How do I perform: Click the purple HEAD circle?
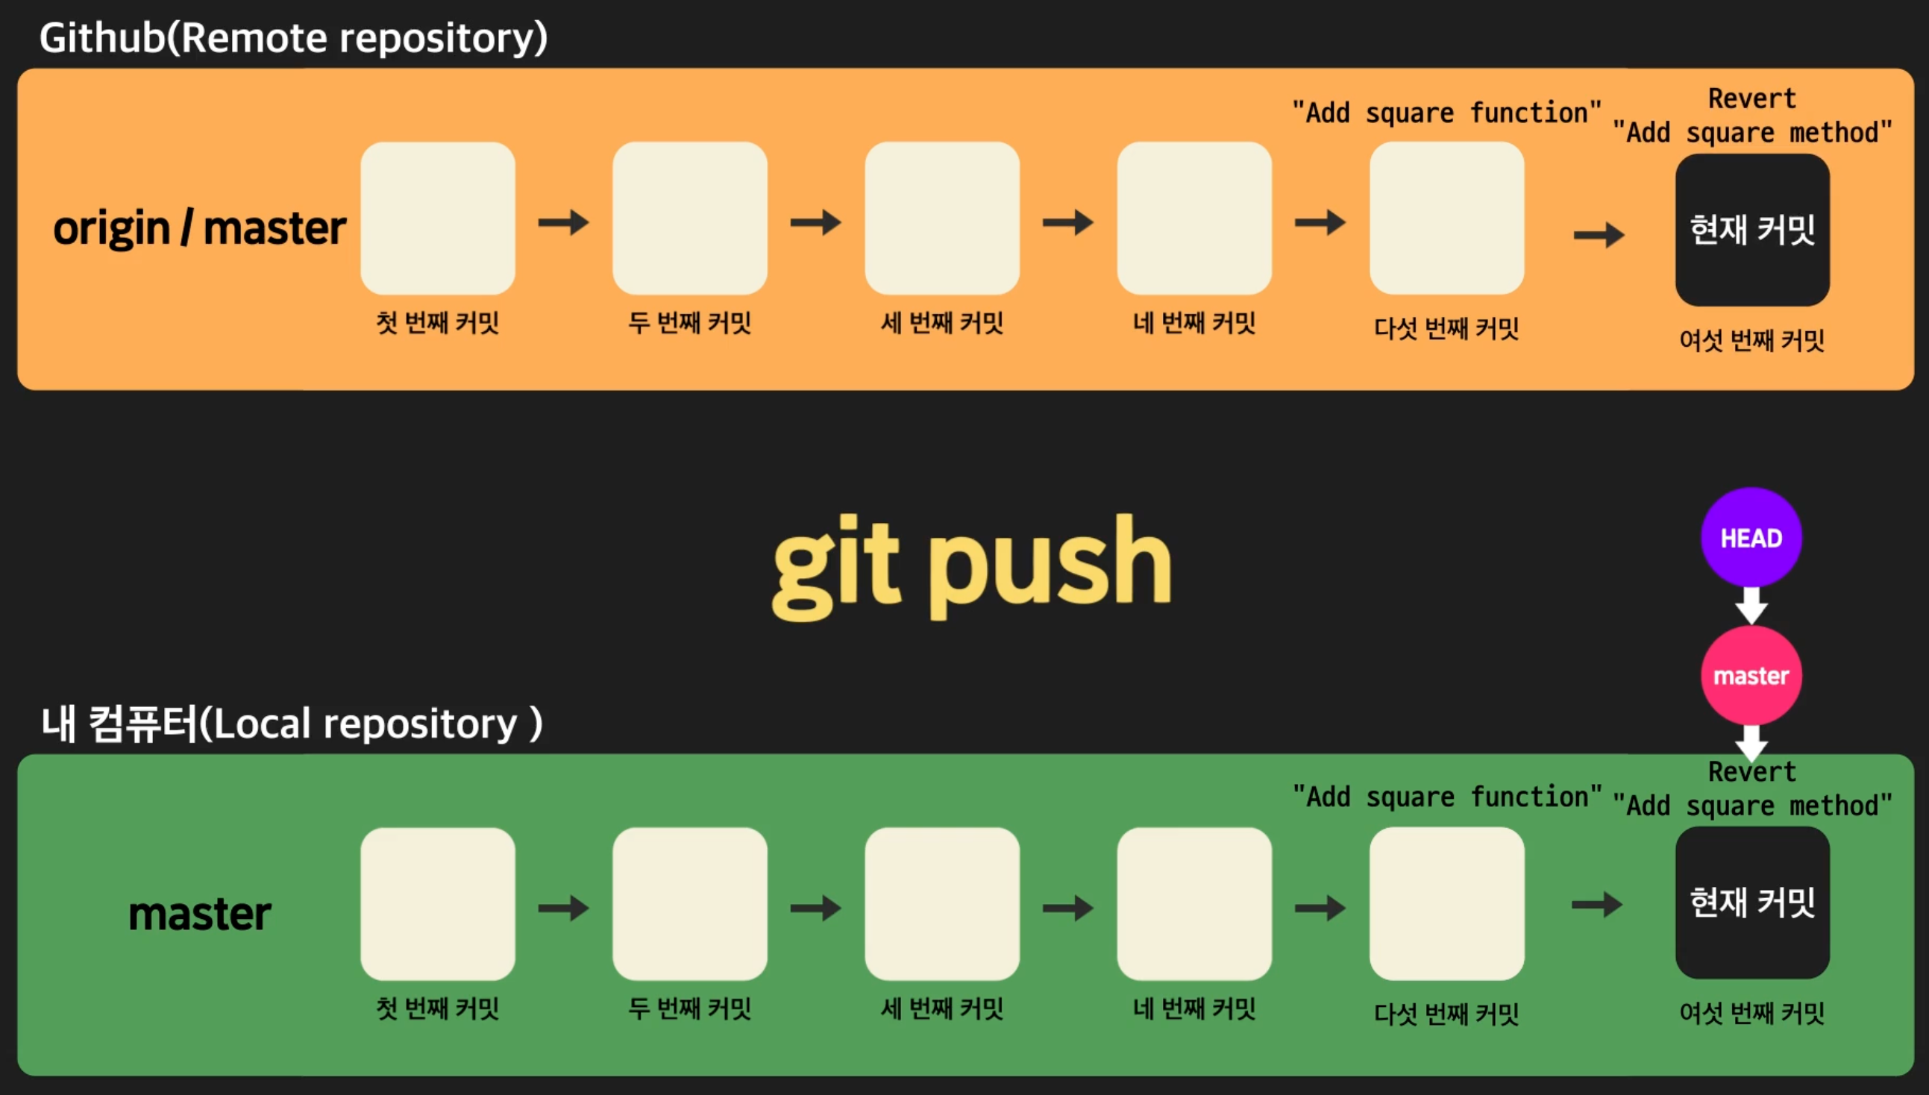1751,537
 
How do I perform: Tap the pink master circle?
1751,675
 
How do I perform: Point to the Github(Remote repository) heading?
293,37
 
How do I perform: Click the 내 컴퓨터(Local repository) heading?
292,724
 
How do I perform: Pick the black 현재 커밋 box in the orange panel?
1752,230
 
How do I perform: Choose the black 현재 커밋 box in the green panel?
1752,903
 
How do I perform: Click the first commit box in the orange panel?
438,218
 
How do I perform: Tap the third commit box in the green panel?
941,904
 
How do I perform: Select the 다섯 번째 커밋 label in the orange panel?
1446,328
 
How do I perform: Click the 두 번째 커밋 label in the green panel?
690,1008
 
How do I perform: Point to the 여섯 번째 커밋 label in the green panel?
1752,1013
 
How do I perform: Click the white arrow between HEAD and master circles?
1751,606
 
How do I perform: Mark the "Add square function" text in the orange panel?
1446,113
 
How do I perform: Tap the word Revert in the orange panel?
1752,98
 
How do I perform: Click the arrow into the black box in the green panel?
1596,904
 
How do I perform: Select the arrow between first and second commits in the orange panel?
563,222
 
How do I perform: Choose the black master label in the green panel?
199,914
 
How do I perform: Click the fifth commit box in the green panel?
1446,904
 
